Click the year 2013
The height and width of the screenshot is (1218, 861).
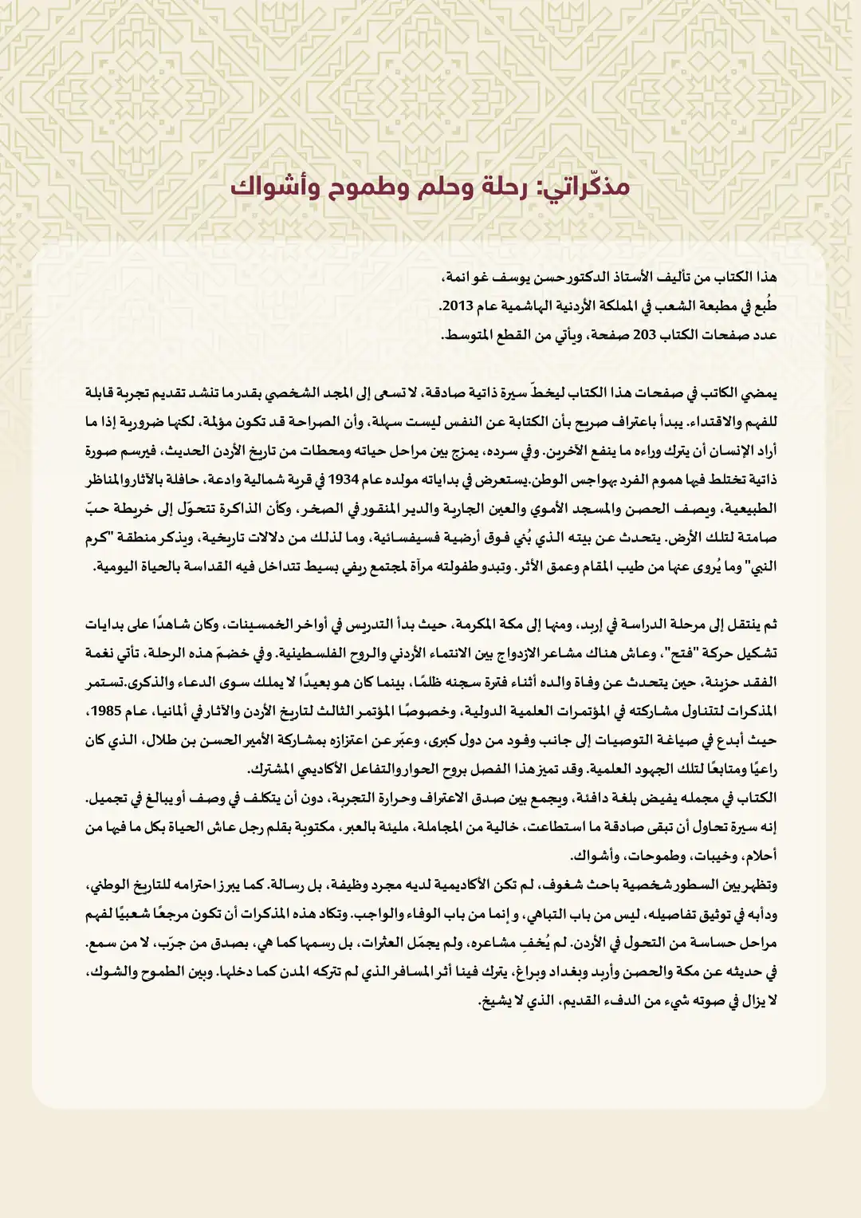tap(456, 306)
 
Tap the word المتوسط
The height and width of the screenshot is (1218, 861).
tap(470, 335)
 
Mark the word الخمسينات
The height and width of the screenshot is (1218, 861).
tap(255, 625)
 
